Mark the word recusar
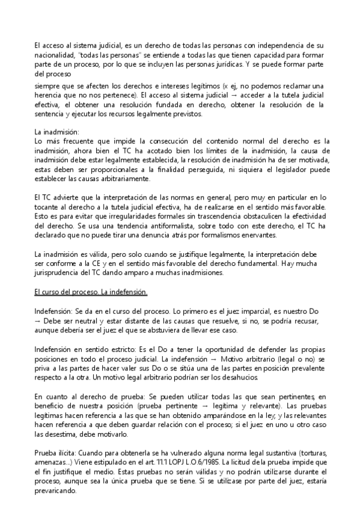pos(308,321)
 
